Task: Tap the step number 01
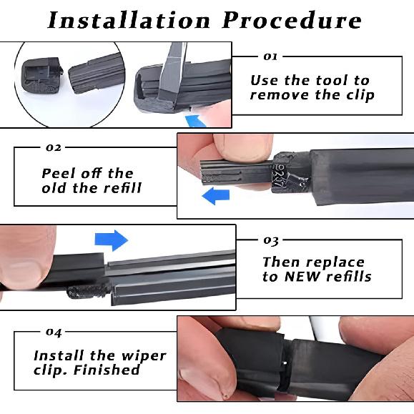click(270, 56)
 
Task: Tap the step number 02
click(53, 148)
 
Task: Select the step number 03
click(271, 241)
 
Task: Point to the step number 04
click(53, 332)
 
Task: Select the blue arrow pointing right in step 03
click(111, 240)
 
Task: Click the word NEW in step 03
click(309, 277)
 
